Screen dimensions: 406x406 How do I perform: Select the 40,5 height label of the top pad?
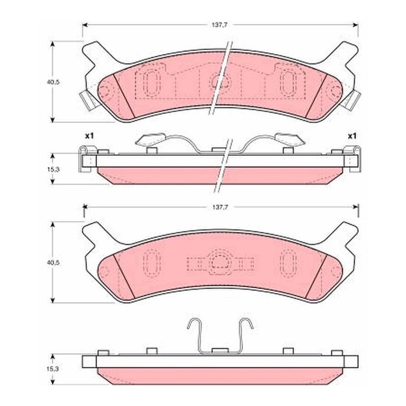[x=53, y=82]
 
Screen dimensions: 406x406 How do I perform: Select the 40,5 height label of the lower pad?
[x=53, y=262]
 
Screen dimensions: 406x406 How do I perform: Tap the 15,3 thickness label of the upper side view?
[x=53, y=170]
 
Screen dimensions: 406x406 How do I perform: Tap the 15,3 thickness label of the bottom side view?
[x=53, y=369]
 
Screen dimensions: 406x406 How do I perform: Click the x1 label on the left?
[x=89, y=136]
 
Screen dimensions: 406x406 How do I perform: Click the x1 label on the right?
[x=352, y=136]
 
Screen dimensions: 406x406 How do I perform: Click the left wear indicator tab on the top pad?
[x=87, y=100]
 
